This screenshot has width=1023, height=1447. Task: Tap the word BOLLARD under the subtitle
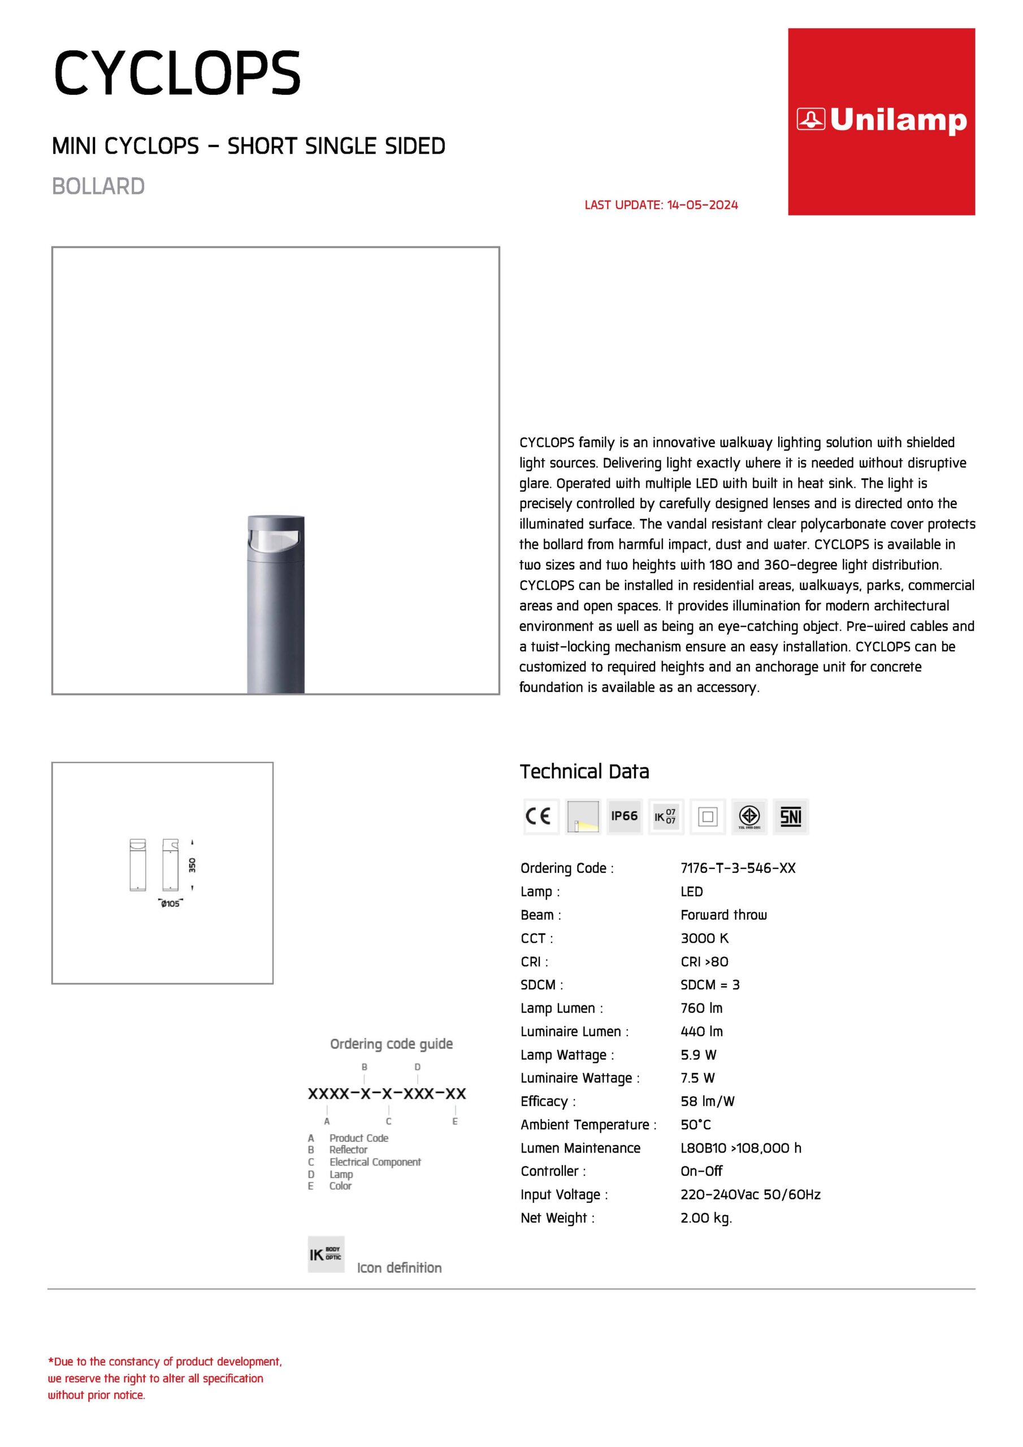tap(98, 187)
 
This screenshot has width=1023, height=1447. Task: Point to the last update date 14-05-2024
tap(702, 205)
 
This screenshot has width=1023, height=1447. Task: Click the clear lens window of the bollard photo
tap(275, 541)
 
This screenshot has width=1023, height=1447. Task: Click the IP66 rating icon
tap(624, 816)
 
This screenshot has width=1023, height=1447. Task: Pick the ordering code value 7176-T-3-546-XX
tap(738, 868)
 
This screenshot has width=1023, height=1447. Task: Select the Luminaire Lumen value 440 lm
tap(701, 1031)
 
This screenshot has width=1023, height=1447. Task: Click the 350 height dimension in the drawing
tap(192, 865)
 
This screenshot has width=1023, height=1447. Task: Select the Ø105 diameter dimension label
tap(170, 904)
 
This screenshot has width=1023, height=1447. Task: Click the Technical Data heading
tap(584, 772)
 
